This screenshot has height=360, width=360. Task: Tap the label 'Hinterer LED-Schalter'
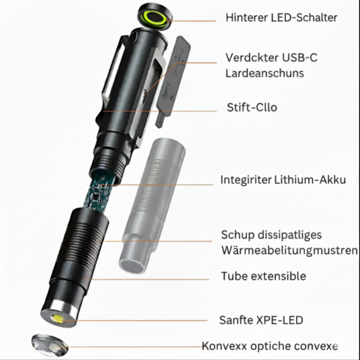(281, 18)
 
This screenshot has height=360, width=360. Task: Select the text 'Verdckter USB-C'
(274, 58)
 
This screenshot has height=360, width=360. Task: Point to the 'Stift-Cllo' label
(252, 108)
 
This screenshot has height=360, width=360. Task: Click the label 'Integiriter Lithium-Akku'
(283, 180)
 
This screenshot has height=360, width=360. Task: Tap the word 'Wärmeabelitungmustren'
(289, 250)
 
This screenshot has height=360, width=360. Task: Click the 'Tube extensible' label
(263, 276)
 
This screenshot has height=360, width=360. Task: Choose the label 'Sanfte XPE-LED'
(261, 320)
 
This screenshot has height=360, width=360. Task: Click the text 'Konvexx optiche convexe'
(270, 346)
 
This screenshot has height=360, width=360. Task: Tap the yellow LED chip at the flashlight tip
(59, 320)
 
